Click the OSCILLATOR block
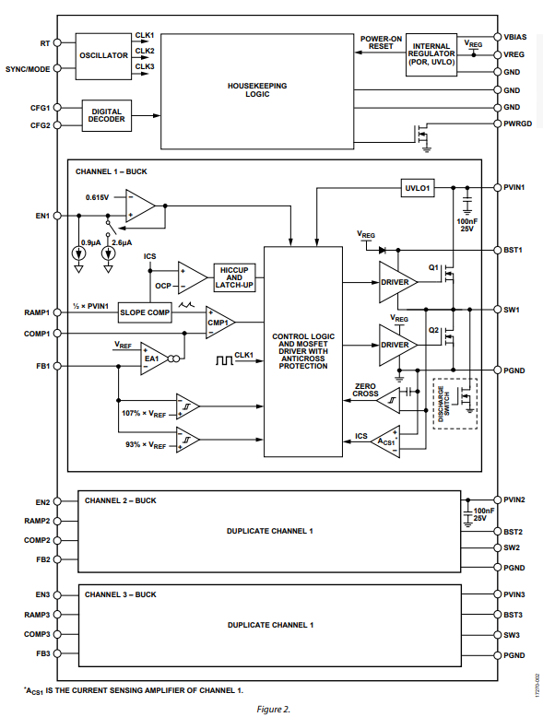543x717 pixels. point(103,56)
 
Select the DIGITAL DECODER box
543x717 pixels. point(107,116)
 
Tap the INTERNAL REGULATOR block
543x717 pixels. point(431,54)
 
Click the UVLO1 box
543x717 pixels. point(418,188)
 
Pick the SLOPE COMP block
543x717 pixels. point(145,312)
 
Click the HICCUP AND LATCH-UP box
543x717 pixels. point(234,277)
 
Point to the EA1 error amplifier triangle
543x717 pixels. point(154,358)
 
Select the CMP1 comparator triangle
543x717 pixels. point(220,323)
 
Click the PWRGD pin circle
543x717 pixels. point(498,123)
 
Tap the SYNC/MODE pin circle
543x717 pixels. point(57,68)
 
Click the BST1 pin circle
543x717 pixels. point(498,250)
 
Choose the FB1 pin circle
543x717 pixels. point(57,366)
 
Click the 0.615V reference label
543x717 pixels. point(97,197)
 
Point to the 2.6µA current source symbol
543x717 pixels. point(109,253)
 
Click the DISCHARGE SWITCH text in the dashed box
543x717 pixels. point(443,404)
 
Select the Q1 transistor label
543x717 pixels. point(433,267)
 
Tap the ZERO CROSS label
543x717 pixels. point(365,390)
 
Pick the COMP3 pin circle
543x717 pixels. point(57,634)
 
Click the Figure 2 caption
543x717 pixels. point(273,710)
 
